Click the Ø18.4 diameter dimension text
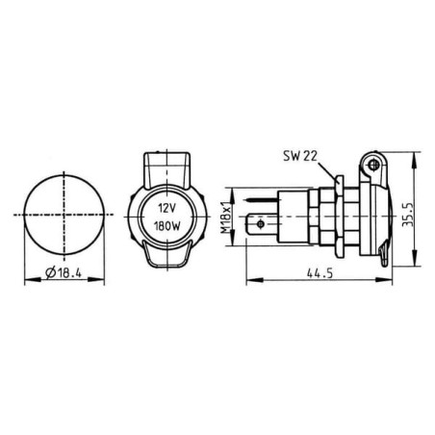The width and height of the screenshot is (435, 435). (64, 272)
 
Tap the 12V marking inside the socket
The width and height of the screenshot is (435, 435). (166, 208)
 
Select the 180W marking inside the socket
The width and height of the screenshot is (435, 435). (167, 226)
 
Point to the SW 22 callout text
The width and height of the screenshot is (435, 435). (300, 156)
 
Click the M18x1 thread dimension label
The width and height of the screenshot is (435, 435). (226, 217)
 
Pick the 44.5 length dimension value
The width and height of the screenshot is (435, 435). (320, 273)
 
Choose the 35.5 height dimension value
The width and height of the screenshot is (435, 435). (408, 215)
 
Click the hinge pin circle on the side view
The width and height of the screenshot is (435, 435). (373, 166)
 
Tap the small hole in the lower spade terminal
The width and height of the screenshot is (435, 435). (261, 223)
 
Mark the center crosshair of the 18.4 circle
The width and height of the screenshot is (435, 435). (64, 215)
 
